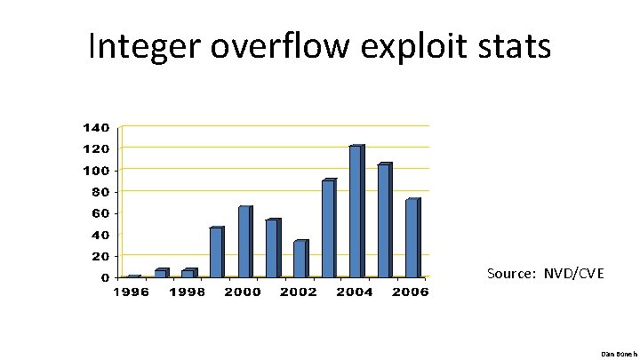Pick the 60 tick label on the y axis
click(x=100, y=213)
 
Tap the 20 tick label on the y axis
click(x=100, y=256)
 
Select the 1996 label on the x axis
click(x=131, y=292)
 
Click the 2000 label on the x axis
click(x=243, y=292)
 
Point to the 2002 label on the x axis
click(x=299, y=292)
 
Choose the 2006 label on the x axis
click(x=410, y=292)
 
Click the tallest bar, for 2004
click(x=356, y=212)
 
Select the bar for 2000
click(x=244, y=242)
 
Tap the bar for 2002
click(x=300, y=259)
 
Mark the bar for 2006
click(x=412, y=238)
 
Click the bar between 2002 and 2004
click(x=328, y=228)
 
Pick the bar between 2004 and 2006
click(x=384, y=220)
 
